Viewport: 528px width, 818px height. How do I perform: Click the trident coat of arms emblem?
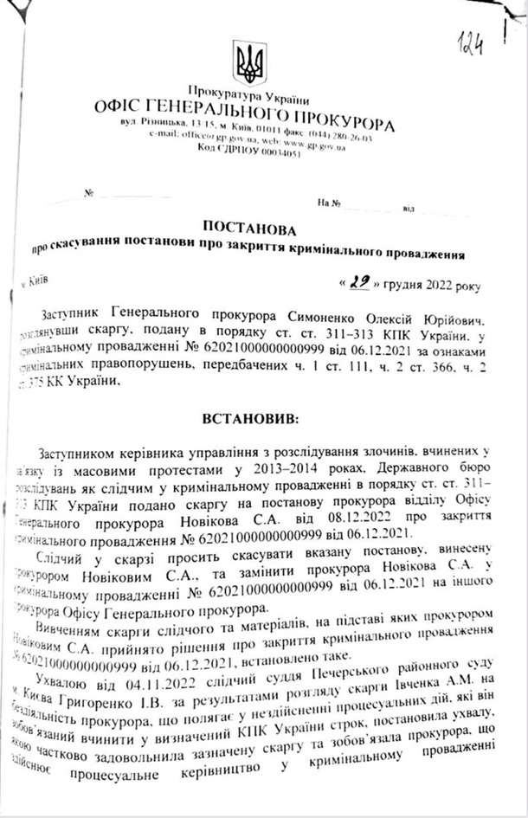click(250, 63)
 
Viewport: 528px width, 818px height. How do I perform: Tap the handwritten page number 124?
click(471, 42)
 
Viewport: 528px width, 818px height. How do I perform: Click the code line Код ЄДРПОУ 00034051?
click(249, 153)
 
